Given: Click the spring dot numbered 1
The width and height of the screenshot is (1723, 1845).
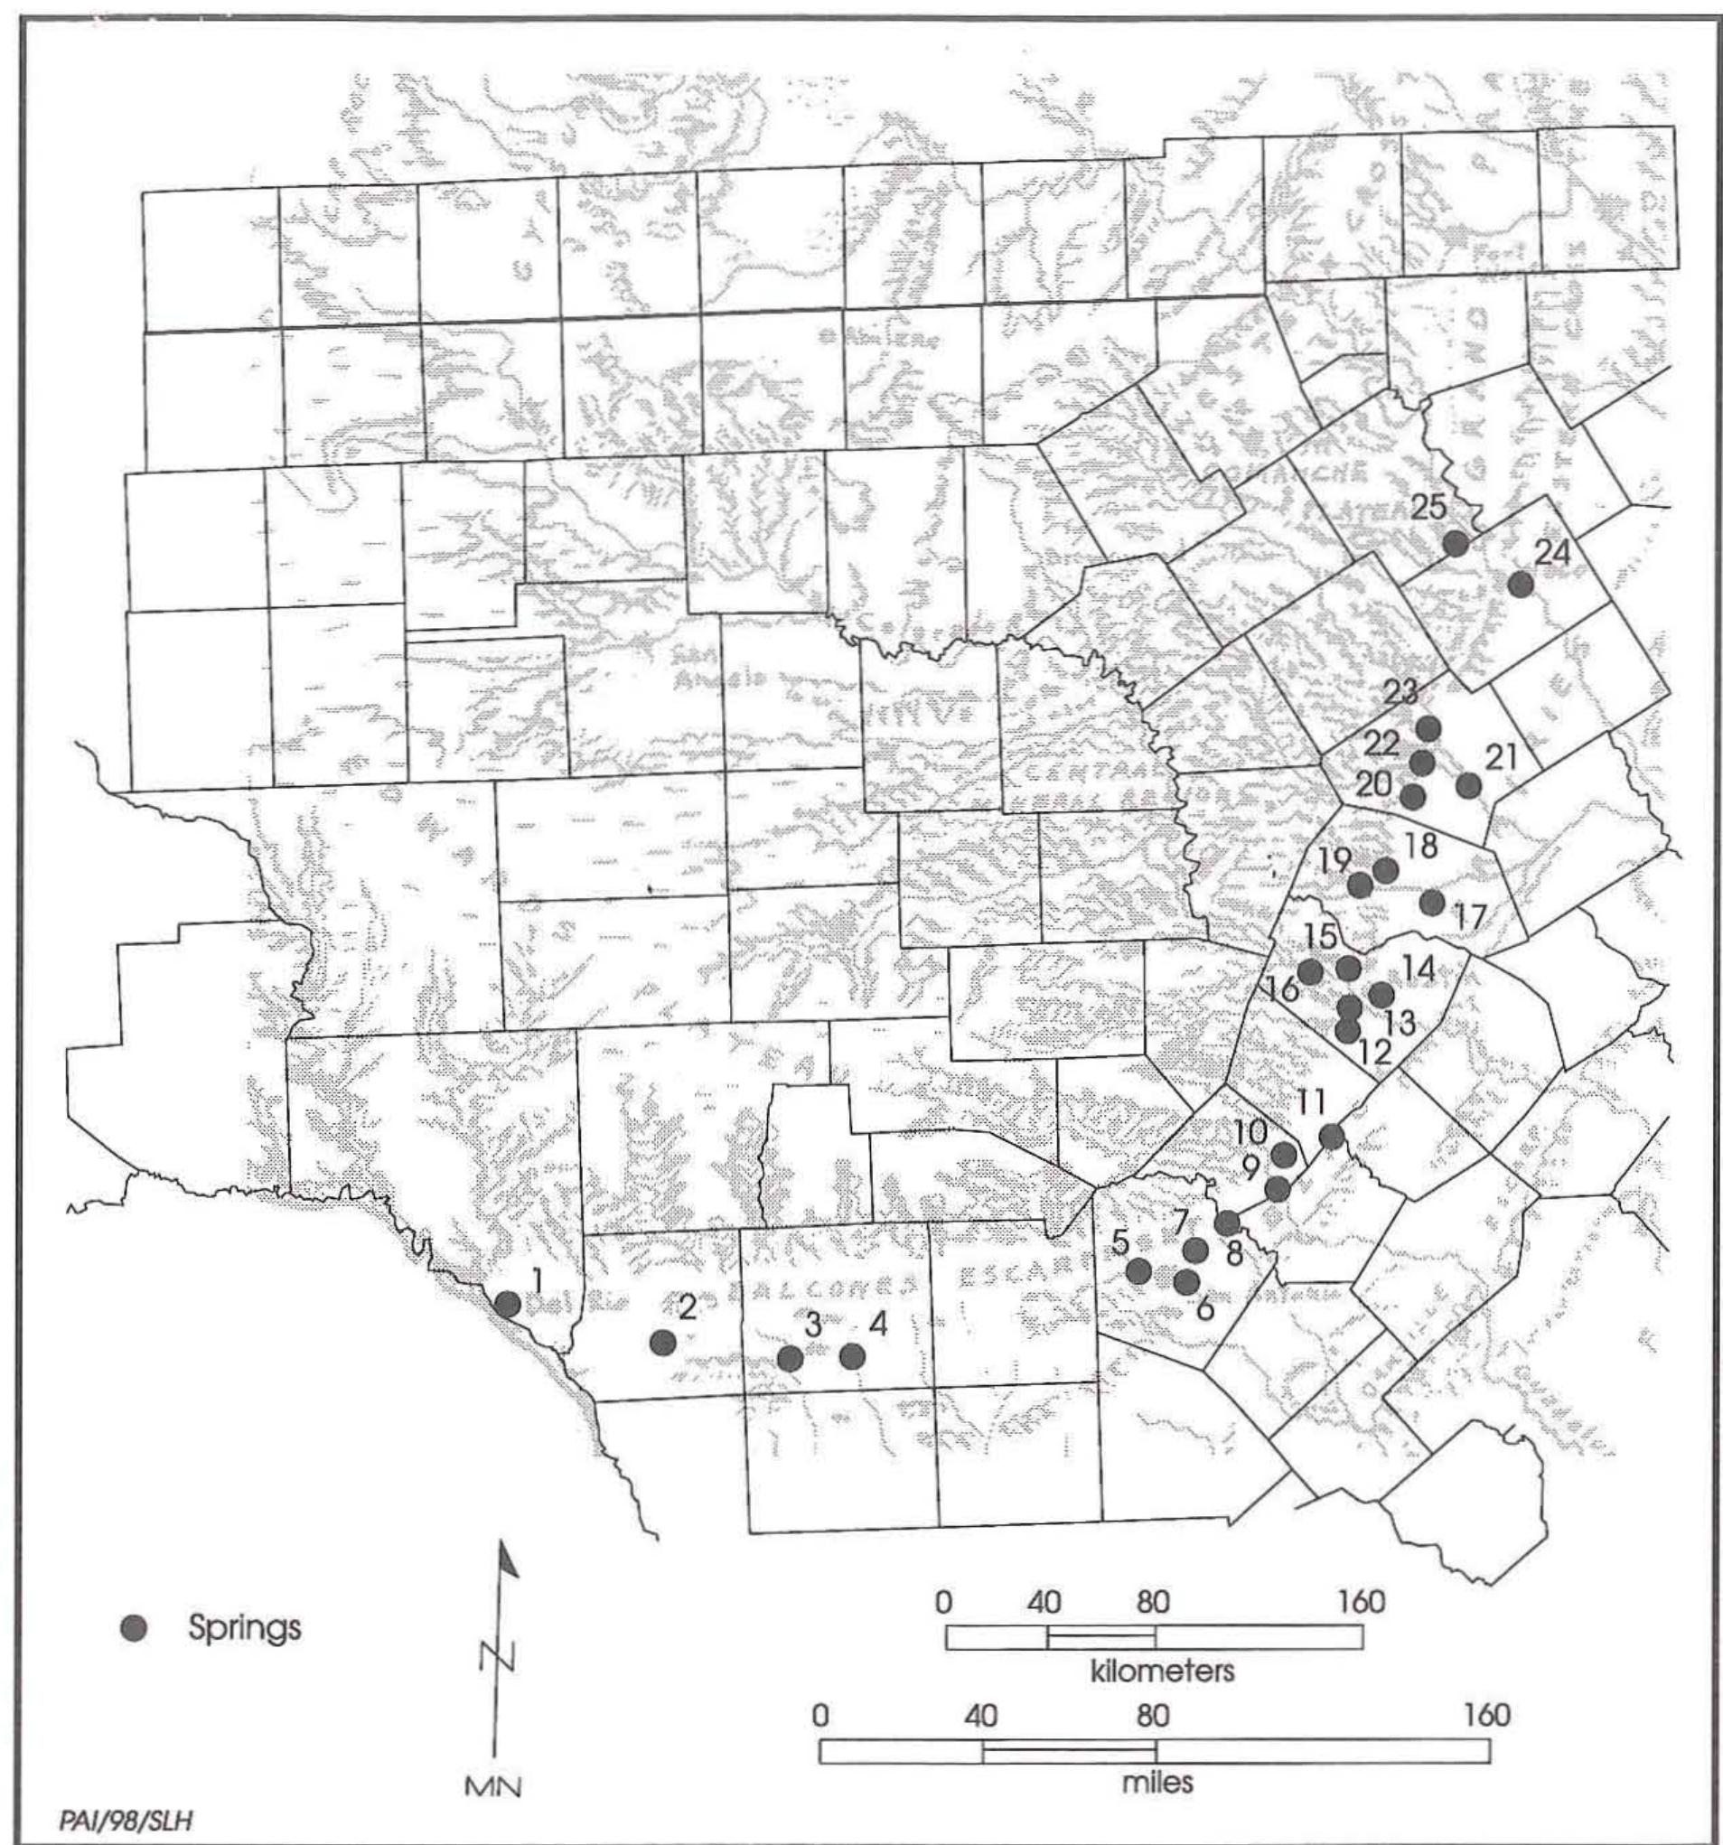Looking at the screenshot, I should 508,1303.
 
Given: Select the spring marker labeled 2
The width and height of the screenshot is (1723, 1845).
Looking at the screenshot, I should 662,1342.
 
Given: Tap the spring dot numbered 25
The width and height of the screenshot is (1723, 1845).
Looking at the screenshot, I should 1455,544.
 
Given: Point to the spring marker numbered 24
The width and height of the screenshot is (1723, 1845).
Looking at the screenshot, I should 1520,585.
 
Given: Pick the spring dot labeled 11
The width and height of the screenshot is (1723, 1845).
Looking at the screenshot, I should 1332,1136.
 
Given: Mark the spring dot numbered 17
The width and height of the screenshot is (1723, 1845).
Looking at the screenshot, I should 1433,902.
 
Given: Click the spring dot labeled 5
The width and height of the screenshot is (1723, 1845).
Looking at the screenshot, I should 1139,1269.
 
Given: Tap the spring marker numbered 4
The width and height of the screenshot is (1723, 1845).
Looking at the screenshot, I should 852,1357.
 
